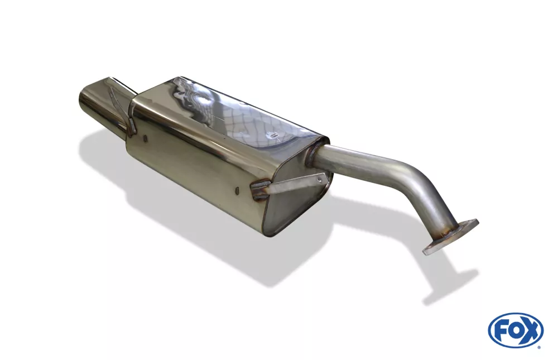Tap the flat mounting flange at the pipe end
450,236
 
